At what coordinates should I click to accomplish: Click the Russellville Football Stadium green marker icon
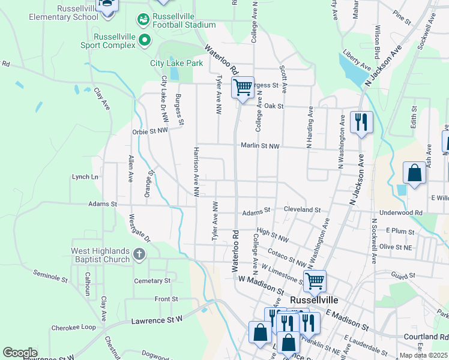tap(143, 20)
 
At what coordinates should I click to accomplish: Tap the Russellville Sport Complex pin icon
tap(145, 41)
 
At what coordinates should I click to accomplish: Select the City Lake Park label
tap(176, 62)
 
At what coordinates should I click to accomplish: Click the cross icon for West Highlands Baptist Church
tap(139, 254)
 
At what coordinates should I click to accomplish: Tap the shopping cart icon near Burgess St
tap(243, 87)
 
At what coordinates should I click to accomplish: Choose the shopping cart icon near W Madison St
tap(315, 280)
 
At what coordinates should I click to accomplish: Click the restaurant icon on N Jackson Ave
tap(361, 122)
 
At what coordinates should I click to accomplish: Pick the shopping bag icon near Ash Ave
tap(414, 173)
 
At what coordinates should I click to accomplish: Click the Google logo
tap(20, 353)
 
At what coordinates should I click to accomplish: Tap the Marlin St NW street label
tap(261, 146)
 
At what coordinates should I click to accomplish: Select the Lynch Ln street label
tap(85, 177)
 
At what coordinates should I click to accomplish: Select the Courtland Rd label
tap(426, 337)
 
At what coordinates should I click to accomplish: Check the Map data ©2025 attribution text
tap(424, 355)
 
